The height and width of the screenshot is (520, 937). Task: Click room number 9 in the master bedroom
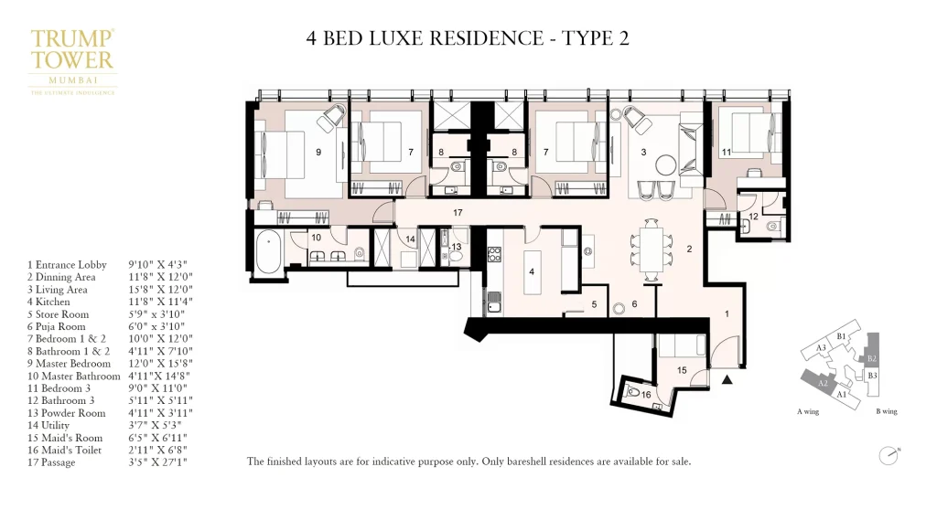pyautogui.click(x=318, y=152)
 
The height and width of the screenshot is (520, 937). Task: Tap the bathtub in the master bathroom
pyautogui.click(x=267, y=252)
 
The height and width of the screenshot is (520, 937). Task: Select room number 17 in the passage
pyautogui.click(x=457, y=212)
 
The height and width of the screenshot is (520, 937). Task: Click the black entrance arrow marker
pyautogui.click(x=728, y=378)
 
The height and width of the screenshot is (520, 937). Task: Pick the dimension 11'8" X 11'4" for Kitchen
pyautogui.click(x=160, y=301)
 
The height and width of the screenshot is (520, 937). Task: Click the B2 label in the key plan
pyautogui.click(x=872, y=357)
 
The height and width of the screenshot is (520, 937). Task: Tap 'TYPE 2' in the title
pyautogui.click(x=595, y=37)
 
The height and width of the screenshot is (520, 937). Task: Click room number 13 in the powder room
pyautogui.click(x=455, y=247)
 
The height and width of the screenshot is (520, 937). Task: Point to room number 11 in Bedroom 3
pyautogui.click(x=726, y=152)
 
